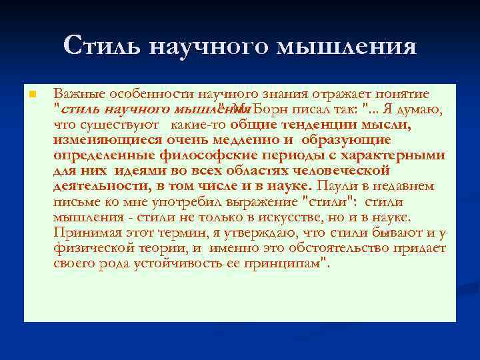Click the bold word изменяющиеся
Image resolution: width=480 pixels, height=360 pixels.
click(x=101, y=140)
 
